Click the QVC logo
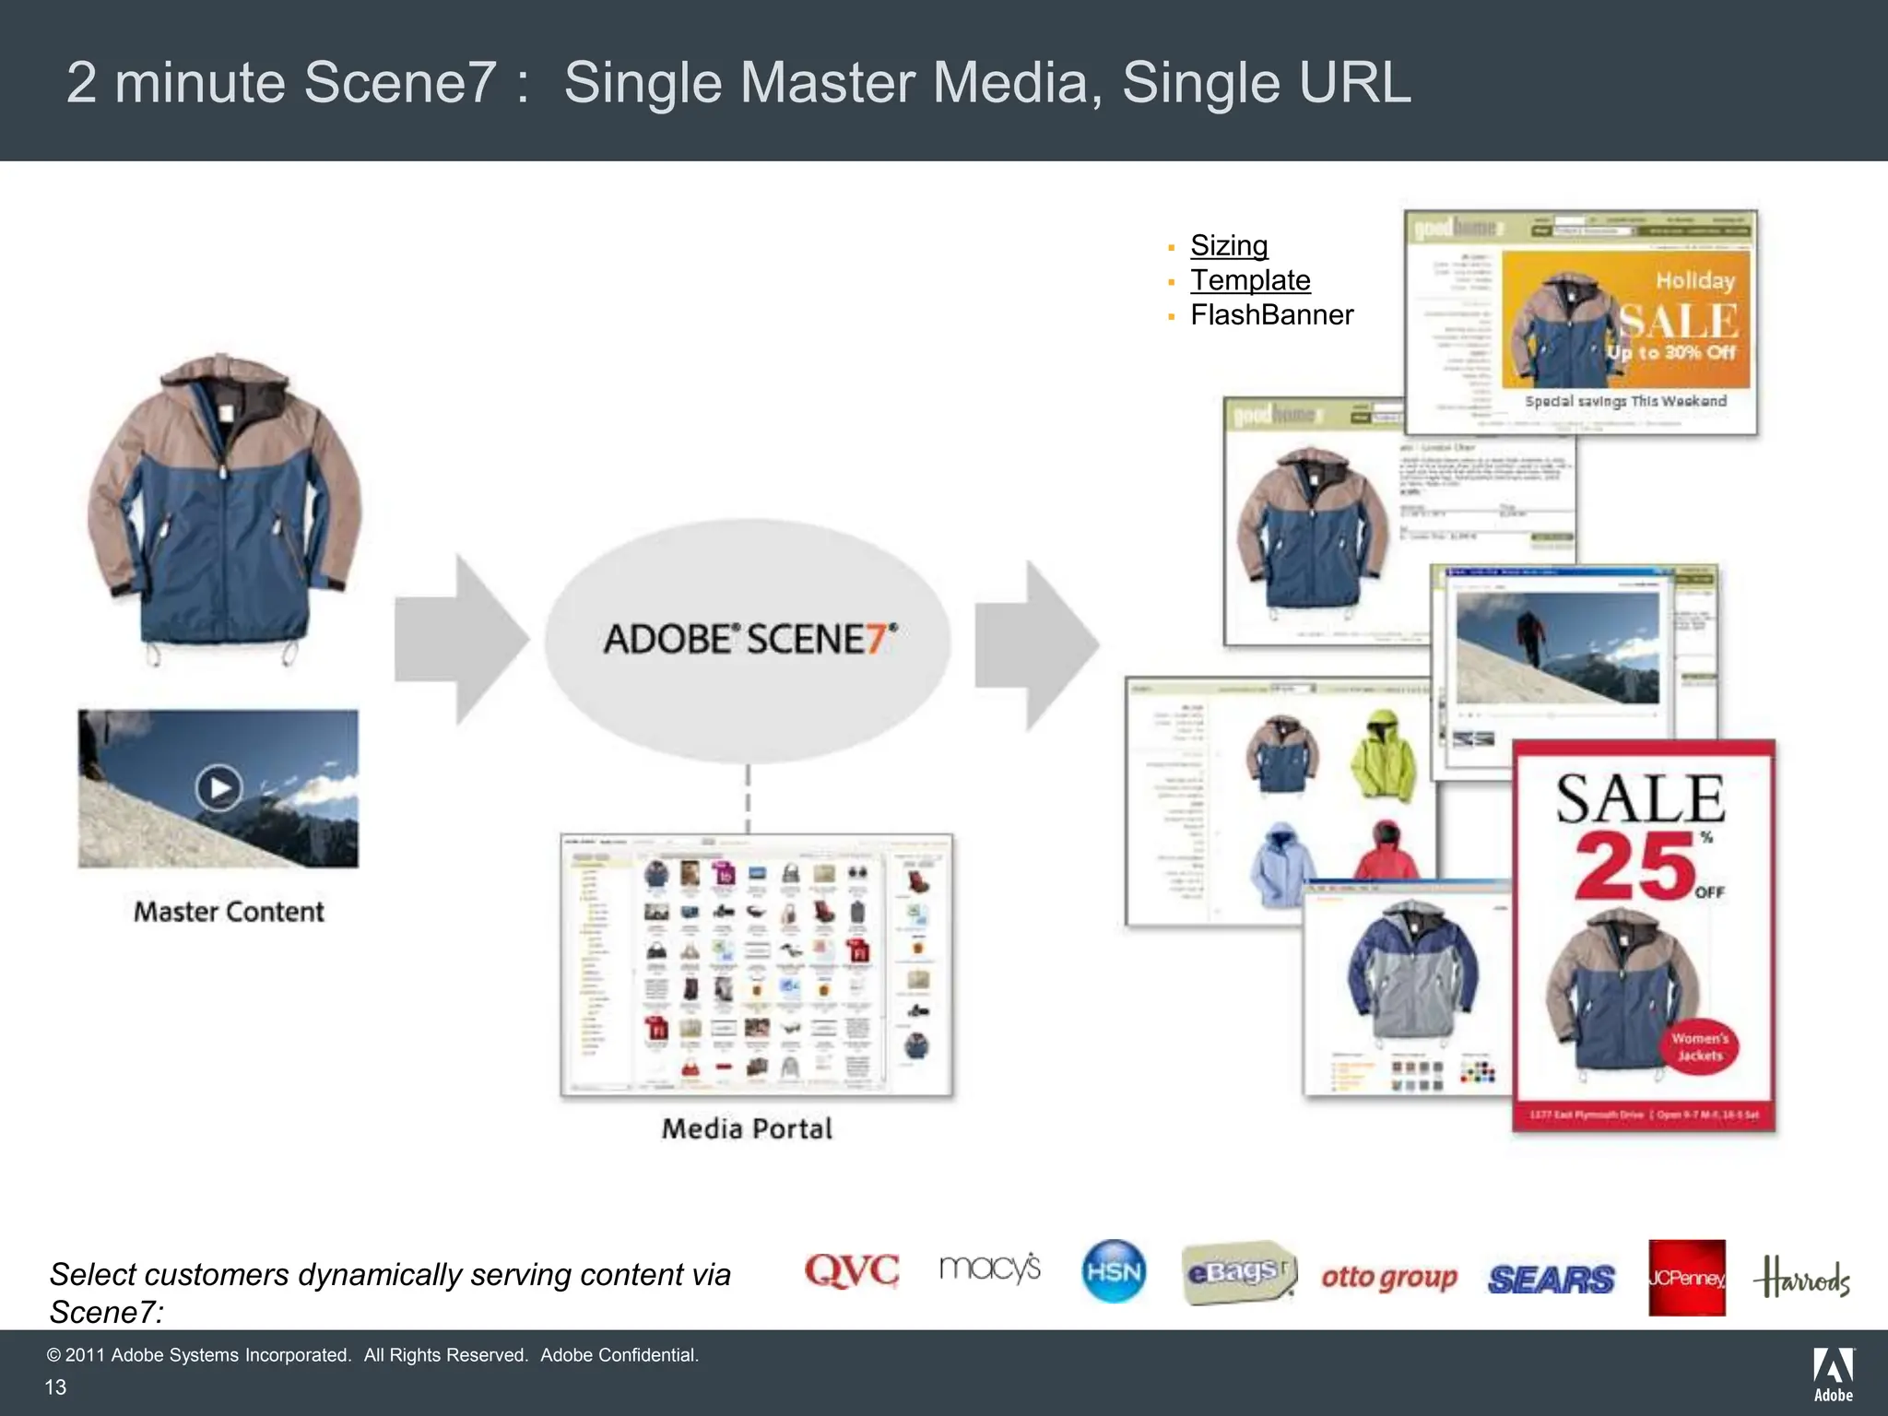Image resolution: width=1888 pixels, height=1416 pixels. (x=851, y=1270)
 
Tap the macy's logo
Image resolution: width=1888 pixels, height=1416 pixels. (x=990, y=1268)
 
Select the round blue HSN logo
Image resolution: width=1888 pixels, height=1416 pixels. (x=1114, y=1271)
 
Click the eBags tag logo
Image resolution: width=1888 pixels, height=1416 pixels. (x=1238, y=1273)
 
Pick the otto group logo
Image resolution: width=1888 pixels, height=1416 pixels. (x=1389, y=1278)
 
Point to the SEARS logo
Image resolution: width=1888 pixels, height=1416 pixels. (x=1551, y=1279)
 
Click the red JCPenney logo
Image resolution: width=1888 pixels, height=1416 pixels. (x=1686, y=1278)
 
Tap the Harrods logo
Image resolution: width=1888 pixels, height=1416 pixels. (x=1802, y=1278)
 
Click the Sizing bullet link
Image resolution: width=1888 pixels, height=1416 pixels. (x=1229, y=245)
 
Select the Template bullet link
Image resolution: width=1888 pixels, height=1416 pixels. (x=1250, y=280)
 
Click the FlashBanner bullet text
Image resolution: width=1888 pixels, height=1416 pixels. (x=1271, y=315)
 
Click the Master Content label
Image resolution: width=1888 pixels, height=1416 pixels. (x=229, y=912)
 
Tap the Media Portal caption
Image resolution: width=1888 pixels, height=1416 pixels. (x=747, y=1128)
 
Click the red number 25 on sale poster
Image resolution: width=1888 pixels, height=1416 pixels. (x=1634, y=867)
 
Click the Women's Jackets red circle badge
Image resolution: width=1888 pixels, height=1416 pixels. (x=1699, y=1047)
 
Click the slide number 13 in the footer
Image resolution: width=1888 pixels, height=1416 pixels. (x=56, y=1387)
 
